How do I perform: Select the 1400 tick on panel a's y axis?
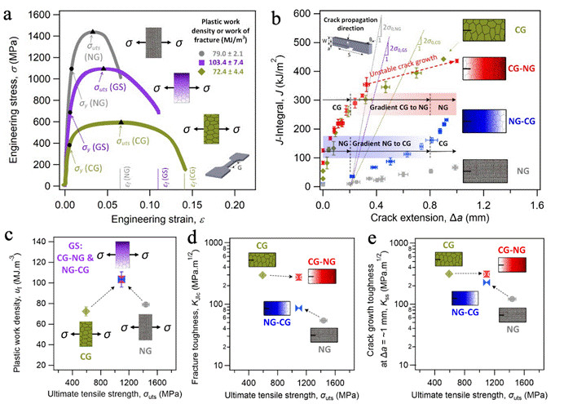[49, 37]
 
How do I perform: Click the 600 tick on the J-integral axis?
[309, 14]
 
